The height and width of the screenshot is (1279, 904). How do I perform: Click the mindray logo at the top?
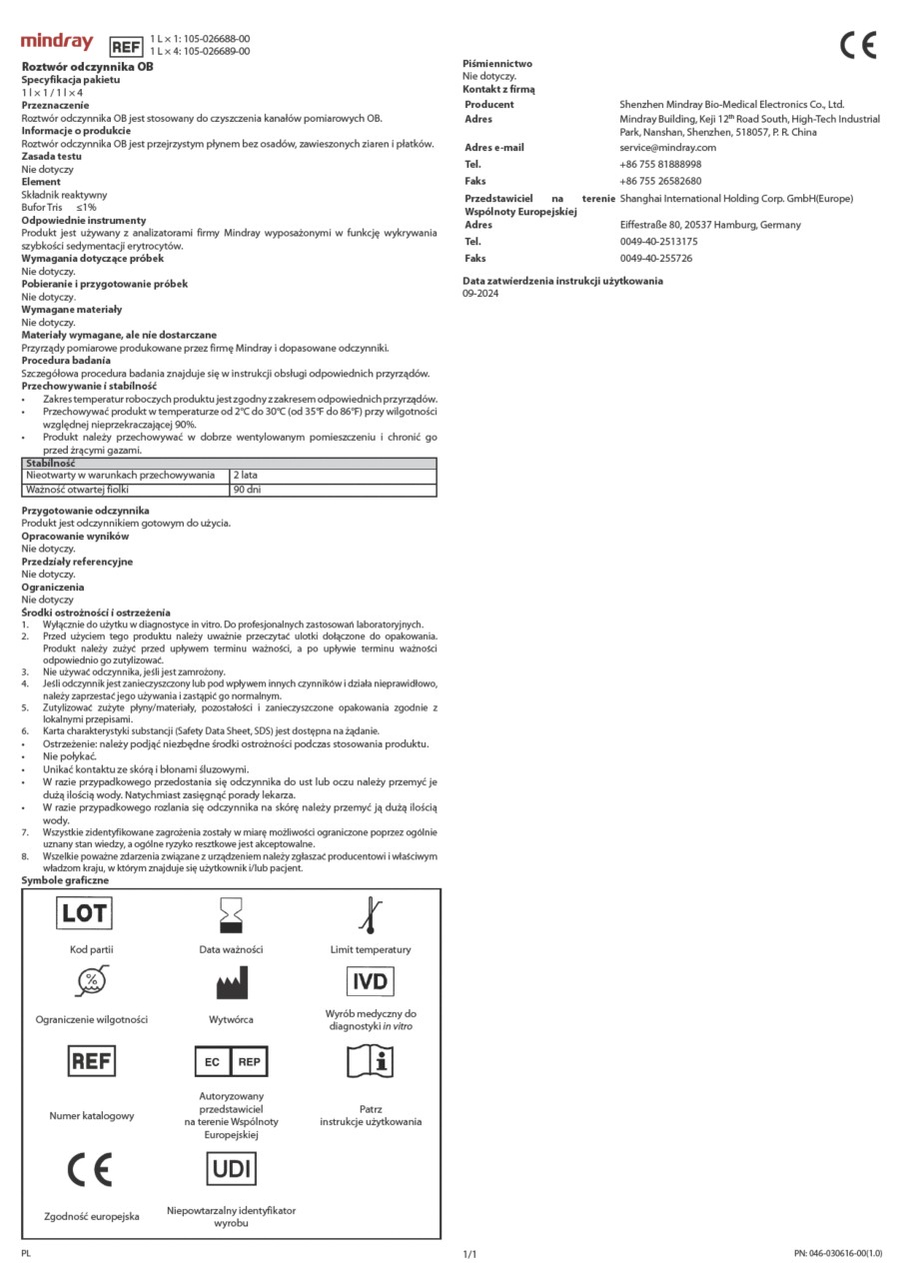(57, 42)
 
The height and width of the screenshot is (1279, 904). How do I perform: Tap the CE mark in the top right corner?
(858, 46)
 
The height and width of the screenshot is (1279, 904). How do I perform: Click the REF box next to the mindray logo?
(125, 46)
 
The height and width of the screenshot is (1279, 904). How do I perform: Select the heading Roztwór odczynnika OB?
(88, 66)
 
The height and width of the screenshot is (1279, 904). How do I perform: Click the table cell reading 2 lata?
(245, 476)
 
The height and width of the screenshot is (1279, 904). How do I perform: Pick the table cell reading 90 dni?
(247, 490)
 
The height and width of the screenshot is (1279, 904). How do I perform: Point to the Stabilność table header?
(50, 464)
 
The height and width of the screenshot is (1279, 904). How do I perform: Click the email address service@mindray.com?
(668, 148)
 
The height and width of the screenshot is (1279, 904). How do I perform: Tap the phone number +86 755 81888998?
(660, 164)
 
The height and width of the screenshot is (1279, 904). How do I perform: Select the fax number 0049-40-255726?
(656, 259)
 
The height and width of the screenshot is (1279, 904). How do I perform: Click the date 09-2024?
(480, 294)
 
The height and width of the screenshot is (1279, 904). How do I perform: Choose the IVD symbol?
(370, 981)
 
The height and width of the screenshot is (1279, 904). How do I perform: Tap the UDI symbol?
(231, 1168)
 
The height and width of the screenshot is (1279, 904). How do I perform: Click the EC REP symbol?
(231, 1061)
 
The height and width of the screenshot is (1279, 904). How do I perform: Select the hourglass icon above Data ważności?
(231, 914)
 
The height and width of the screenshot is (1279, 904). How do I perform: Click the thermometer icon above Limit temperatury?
(371, 914)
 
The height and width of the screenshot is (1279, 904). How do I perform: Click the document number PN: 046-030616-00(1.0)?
(838, 1253)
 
